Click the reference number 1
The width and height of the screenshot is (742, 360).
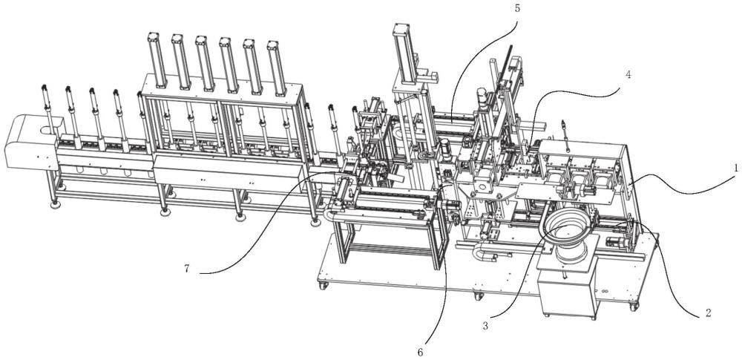pos(736,168)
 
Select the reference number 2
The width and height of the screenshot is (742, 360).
pos(708,312)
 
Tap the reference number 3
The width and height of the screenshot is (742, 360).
pos(485,325)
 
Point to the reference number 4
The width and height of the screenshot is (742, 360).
pos(628,75)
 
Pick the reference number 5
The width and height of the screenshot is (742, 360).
pos(517,8)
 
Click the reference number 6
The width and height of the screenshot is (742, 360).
pos(421,352)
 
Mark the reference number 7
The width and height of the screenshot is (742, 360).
pos(187,269)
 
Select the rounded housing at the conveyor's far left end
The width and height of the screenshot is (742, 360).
pos(32,141)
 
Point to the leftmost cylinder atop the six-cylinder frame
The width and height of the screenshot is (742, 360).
pos(157,59)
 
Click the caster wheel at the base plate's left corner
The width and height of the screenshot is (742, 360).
pos(324,286)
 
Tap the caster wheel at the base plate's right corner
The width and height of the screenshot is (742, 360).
pos(634,307)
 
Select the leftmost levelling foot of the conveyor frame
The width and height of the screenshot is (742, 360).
pos(56,205)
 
